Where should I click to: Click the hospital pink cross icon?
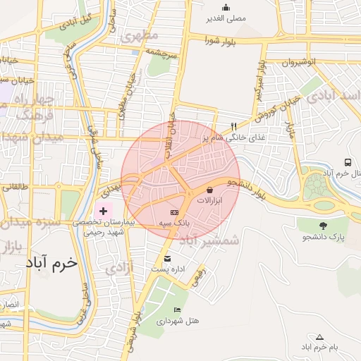tap(103, 210)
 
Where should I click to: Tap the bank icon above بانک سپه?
tap(175, 212)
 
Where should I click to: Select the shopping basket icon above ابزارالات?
tap(210, 190)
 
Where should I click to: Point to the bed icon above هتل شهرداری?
tap(177, 310)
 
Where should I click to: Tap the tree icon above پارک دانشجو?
tap(323, 226)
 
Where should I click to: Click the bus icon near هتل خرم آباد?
tap(348, 163)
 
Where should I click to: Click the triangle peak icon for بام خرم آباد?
tap(319, 337)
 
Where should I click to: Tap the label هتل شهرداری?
tap(184, 321)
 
